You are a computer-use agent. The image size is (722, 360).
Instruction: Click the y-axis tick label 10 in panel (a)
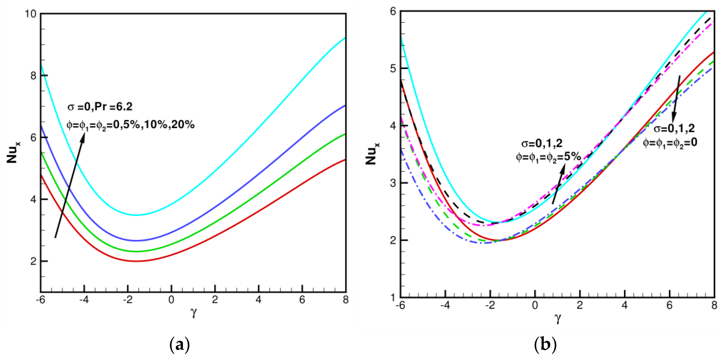(31, 14)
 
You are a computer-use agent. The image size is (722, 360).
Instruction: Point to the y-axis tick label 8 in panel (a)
(34, 76)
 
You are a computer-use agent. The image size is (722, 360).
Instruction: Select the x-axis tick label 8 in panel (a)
(345, 300)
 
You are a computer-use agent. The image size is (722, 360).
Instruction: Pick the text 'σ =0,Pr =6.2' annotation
(100, 107)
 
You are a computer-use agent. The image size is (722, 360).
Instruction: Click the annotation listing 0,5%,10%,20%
(130, 124)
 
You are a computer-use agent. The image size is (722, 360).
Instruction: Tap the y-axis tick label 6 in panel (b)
(393, 12)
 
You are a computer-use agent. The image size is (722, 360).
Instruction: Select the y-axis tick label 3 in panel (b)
(393, 183)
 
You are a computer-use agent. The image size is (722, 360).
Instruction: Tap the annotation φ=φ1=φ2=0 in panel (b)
(670, 143)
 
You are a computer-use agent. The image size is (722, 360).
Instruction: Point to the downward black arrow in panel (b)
(676, 100)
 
